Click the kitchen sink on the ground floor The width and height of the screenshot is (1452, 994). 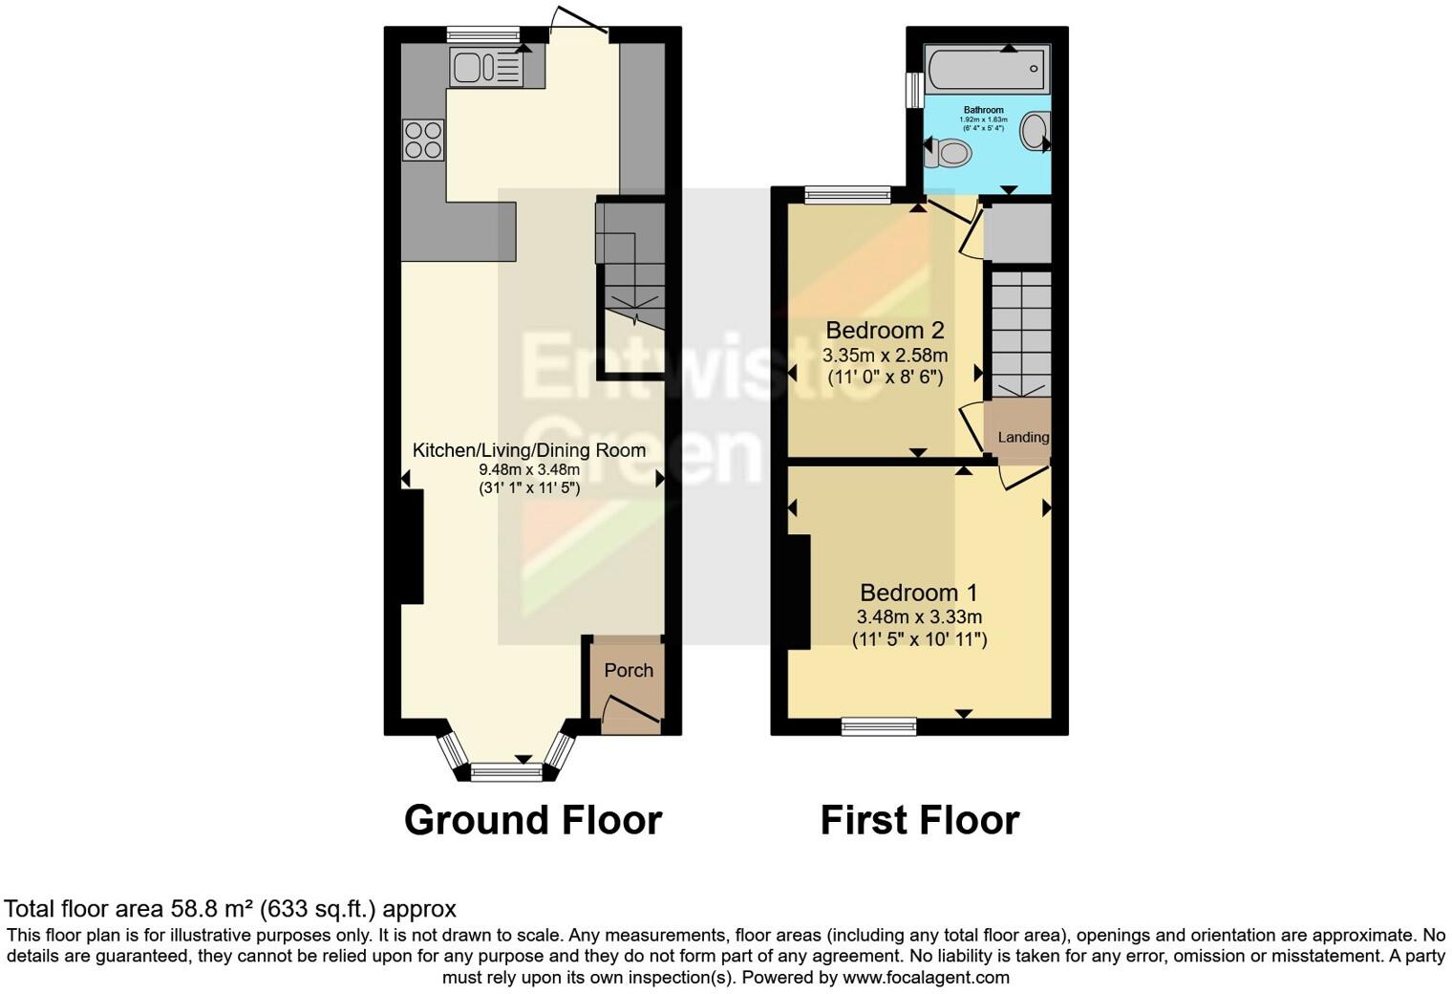point(485,67)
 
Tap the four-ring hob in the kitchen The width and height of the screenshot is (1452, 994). point(423,140)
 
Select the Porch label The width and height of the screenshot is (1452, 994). point(629,670)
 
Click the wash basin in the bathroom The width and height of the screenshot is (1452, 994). point(1035,131)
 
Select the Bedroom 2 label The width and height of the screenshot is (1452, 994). point(885,331)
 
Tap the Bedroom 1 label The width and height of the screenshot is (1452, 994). point(919,593)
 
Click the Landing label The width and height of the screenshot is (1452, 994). point(1023,437)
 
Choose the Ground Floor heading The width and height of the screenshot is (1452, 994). point(532,820)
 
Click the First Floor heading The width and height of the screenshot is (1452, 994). point(919,820)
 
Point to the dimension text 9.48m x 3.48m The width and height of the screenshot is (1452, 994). point(529,469)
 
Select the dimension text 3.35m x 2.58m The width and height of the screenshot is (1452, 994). point(885,356)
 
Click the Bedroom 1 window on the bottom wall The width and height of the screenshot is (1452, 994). point(879,726)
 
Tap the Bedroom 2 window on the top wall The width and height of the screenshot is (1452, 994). point(847,196)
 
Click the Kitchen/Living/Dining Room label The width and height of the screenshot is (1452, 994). point(529,450)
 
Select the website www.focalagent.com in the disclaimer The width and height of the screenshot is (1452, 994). point(926,978)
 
